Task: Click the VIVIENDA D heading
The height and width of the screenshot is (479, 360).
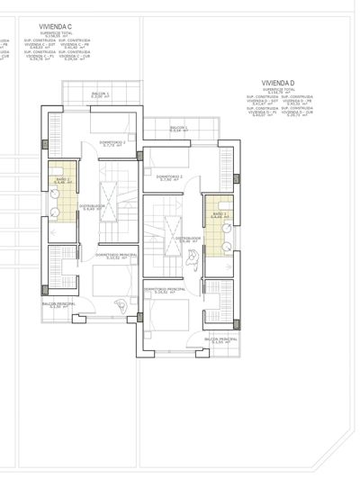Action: (x=279, y=82)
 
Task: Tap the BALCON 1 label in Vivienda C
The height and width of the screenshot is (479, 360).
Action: (x=100, y=95)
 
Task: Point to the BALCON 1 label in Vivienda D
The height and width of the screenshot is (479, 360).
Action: (x=179, y=128)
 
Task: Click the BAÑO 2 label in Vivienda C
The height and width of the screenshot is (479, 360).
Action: (x=62, y=180)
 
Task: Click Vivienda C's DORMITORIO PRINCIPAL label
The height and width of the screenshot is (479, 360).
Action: (x=115, y=256)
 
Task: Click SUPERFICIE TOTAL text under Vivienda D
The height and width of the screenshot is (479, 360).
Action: (x=279, y=90)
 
